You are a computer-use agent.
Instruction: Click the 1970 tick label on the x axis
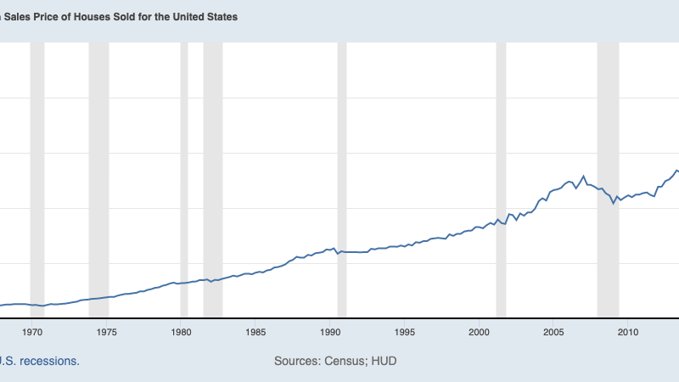(33, 332)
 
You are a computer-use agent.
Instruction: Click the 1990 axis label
(331, 332)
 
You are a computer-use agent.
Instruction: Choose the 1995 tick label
(405, 332)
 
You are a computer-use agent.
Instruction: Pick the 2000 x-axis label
(480, 332)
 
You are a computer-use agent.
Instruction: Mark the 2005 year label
(553, 332)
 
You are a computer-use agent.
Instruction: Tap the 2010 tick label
(628, 332)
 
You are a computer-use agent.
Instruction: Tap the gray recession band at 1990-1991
(342, 178)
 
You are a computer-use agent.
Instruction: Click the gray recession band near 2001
(501, 178)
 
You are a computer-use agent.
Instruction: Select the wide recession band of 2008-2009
(608, 178)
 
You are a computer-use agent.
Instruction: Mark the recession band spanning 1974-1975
(98, 178)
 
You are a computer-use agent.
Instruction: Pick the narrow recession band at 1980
(184, 178)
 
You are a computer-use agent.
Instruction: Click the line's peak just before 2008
(583, 176)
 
